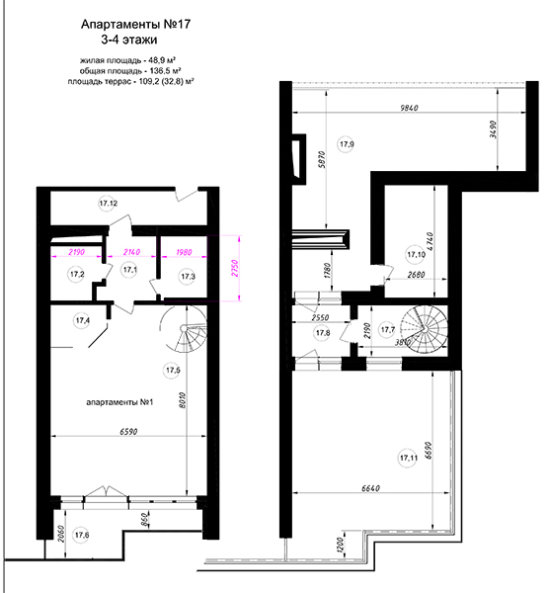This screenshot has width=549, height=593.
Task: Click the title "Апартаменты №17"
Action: click(x=135, y=25)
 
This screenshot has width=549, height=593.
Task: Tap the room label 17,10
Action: click(x=416, y=255)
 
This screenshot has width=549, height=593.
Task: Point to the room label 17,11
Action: click(x=409, y=458)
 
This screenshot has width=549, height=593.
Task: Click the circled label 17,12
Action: click(x=109, y=204)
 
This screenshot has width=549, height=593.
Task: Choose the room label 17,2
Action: click(x=77, y=274)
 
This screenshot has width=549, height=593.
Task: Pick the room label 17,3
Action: click(x=188, y=277)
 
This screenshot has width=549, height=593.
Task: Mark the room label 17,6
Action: click(x=82, y=535)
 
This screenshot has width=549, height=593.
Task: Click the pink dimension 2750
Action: click(x=235, y=268)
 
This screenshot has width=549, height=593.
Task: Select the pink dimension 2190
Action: click(x=76, y=252)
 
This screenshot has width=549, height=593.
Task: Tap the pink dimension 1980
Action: click(x=184, y=252)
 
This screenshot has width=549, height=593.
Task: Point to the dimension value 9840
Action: click(x=409, y=108)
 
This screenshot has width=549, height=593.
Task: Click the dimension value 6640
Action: click(x=370, y=488)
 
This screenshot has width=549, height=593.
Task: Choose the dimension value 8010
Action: click(x=184, y=400)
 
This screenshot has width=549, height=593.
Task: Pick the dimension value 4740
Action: click(x=431, y=242)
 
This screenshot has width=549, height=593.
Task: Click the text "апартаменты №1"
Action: click(x=119, y=402)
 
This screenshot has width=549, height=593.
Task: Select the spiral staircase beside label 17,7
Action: click(x=425, y=329)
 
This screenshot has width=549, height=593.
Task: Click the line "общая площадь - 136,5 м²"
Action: click(x=130, y=71)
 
